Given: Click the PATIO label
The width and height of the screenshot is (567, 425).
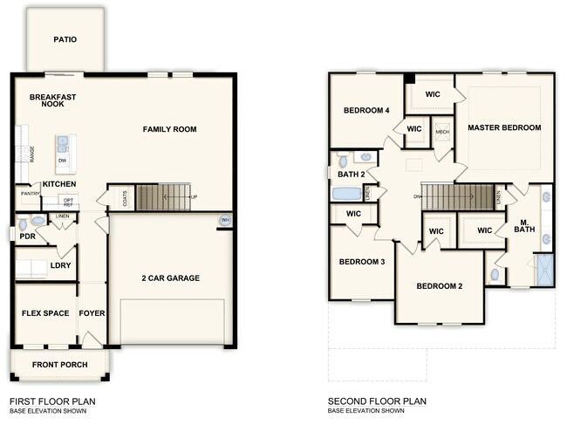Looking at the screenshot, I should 65,39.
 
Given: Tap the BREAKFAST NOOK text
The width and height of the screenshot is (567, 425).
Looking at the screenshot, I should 49,99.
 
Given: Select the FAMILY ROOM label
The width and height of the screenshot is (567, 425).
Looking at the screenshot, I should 170,129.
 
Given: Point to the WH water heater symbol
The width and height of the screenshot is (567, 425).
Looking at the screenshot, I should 225,220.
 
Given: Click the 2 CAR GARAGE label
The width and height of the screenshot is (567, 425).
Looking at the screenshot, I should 171,278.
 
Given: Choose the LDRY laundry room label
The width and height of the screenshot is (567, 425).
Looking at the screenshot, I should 61,265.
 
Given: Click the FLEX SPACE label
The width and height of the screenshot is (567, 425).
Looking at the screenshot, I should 45,313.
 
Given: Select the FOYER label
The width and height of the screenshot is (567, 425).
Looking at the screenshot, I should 92,313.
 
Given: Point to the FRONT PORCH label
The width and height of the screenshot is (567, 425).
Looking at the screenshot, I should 59,365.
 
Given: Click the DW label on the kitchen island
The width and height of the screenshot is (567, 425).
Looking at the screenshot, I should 63,161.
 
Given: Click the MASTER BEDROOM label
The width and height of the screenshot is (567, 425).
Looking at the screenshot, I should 504,127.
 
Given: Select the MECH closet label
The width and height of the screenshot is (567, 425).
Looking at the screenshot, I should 442,132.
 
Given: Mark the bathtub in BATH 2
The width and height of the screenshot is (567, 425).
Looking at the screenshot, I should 347,194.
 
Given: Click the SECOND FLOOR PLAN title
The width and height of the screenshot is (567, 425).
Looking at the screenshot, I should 377,401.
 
